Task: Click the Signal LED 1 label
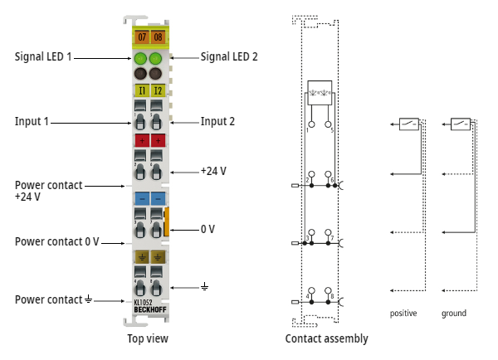43,57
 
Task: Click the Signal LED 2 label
229,57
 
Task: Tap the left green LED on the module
139,59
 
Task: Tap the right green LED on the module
158,59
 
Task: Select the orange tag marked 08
158,37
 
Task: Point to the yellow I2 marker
158,90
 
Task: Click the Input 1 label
32,122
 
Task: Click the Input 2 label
217,122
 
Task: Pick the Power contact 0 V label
56,241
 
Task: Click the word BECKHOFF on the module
149,310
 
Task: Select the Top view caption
148,338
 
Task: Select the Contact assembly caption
326,338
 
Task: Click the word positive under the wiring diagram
403,314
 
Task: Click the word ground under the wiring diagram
454,314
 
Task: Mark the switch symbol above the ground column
460,124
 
